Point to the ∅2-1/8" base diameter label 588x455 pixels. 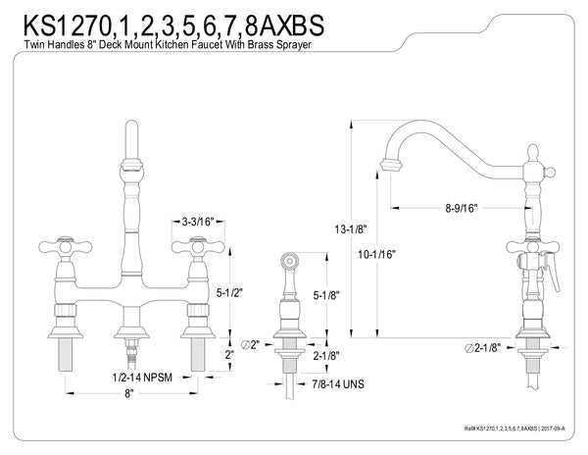pyautogui.click(x=485, y=348)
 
